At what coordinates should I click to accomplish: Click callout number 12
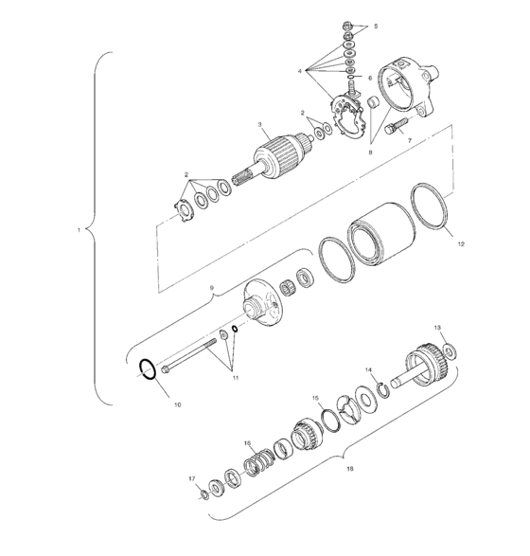coord(461,243)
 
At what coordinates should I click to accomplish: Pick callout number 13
coord(437,327)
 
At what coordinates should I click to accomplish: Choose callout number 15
coord(316,399)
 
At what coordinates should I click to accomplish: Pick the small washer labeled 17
coord(204,493)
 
